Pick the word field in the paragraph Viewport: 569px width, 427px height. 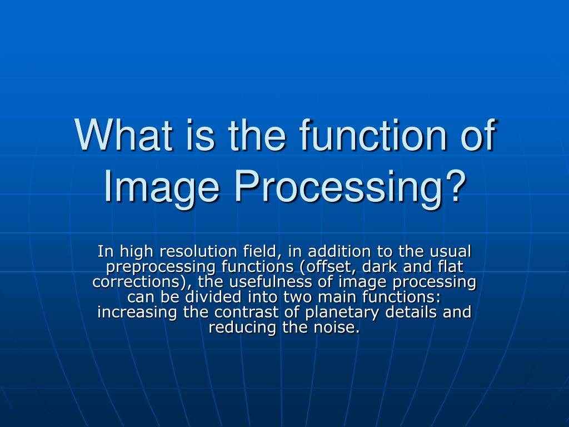[x=263, y=251]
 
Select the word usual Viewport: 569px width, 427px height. [x=450, y=251]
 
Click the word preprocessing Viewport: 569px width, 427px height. [x=161, y=267]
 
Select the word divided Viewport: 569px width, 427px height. [x=213, y=297]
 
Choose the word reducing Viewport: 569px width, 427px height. [x=242, y=328]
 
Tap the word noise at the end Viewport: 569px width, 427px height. [x=334, y=327]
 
